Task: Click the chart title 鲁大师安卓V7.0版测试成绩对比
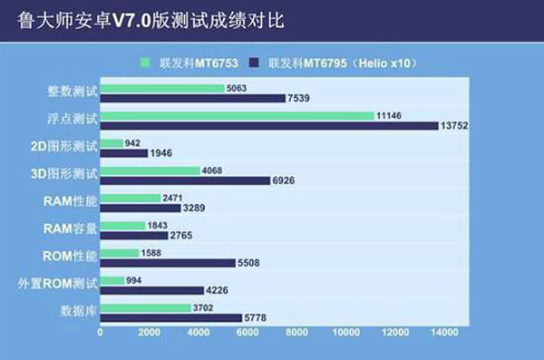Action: pos(151,20)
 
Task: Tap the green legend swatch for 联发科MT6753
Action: pos(145,63)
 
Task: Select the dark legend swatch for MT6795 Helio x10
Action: pos(254,63)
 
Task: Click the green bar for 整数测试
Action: pos(162,88)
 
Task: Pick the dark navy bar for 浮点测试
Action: pos(269,126)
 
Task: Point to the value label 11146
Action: pos(389,115)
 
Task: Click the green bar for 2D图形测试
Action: pos(112,143)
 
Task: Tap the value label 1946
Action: pos(161,153)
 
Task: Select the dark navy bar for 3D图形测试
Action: pos(185,180)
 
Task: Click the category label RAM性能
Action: pos(70,201)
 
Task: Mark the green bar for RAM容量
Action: pos(122,226)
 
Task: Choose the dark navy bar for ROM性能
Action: pos(168,263)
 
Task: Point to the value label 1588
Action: pos(151,253)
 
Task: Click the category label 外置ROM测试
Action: pos(58,284)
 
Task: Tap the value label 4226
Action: pos(217,290)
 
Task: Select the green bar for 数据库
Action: pos(146,308)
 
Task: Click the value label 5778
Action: pos(256,317)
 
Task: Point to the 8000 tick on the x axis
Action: pos(296,333)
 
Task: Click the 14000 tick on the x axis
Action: pos(444,333)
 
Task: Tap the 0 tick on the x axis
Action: pos(100,333)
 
